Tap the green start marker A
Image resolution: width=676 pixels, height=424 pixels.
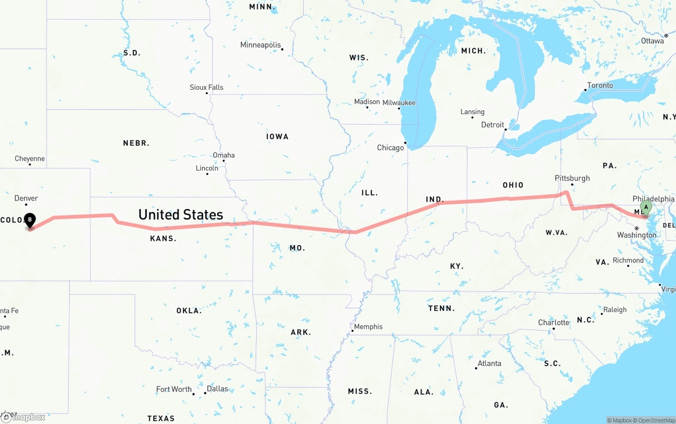[x=645, y=207]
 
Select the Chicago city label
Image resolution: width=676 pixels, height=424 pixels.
[x=390, y=148]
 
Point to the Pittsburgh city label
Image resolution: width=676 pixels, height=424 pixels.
[x=572, y=178]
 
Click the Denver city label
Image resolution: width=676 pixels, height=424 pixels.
[x=26, y=198]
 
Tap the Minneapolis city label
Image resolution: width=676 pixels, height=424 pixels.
[x=260, y=45]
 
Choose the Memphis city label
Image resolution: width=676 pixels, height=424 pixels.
[x=368, y=326]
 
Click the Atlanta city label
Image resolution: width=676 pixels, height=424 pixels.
[x=490, y=363]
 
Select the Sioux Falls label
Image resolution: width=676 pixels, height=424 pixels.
[x=206, y=87]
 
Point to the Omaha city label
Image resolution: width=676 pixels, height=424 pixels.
[x=223, y=155]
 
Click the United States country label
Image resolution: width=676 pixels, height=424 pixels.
[x=181, y=214]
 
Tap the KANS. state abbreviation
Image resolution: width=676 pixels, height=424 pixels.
[x=163, y=239]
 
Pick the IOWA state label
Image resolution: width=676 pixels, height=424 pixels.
[x=277, y=137]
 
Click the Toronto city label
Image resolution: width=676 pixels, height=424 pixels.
[x=600, y=85]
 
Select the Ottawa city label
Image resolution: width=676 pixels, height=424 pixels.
[x=652, y=41]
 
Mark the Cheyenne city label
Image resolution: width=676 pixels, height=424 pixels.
[x=30, y=158]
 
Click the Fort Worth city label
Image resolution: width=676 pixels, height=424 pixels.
[x=174, y=389]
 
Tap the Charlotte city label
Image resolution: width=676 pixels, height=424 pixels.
[x=553, y=323]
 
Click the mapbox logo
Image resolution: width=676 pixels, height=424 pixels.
[x=23, y=417]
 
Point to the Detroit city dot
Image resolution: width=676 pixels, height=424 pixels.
[x=505, y=129]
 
